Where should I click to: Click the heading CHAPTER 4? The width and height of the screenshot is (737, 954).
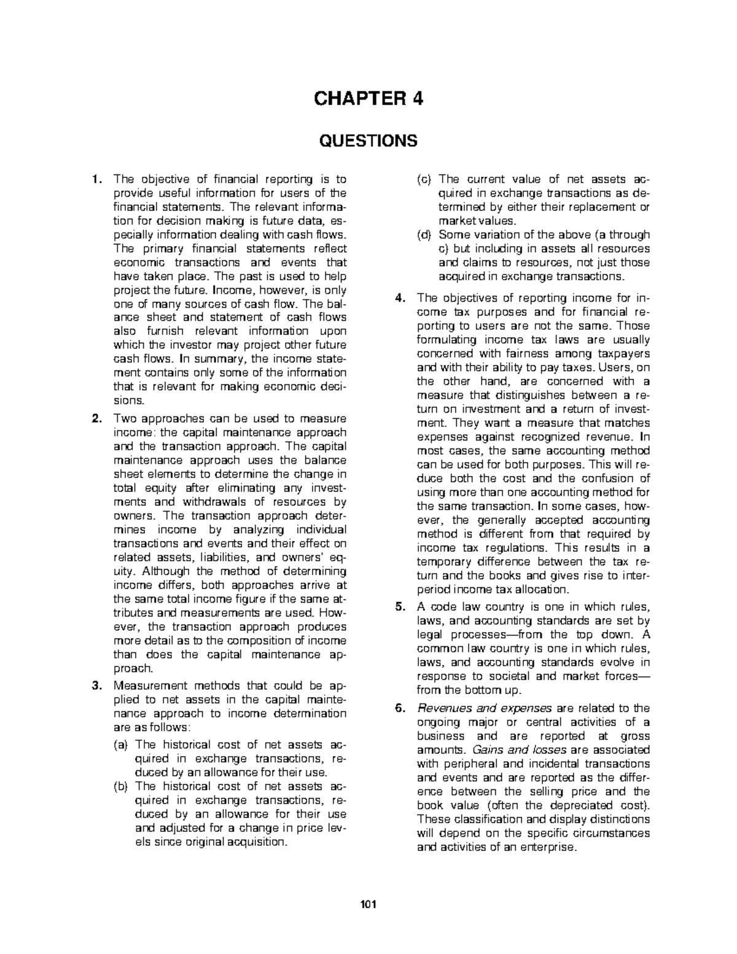click(x=368, y=99)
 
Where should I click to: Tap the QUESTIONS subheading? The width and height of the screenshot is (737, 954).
click(x=368, y=141)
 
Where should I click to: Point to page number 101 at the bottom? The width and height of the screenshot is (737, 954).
click(x=368, y=904)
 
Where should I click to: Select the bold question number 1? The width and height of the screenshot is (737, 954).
click(x=95, y=179)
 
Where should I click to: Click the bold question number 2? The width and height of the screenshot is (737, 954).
click(x=95, y=419)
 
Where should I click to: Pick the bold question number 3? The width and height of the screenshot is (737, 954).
click(x=95, y=686)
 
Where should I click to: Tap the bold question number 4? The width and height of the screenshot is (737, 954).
click(x=399, y=299)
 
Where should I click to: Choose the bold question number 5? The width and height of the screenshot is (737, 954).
click(x=399, y=607)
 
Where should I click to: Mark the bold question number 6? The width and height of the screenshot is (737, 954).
click(x=399, y=708)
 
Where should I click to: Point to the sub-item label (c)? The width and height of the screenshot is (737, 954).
click(x=424, y=179)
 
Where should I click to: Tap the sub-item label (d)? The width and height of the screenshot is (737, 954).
click(x=424, y=235)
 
